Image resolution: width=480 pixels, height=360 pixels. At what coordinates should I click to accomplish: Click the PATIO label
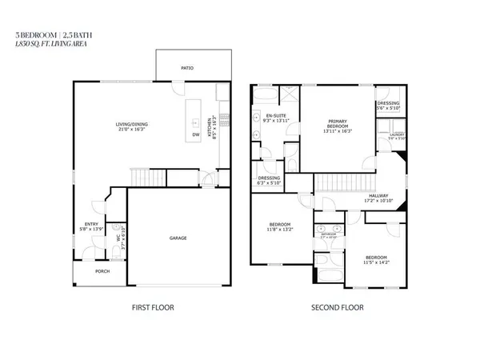(188, 69)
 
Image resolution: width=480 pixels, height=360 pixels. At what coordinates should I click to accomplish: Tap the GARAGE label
(178, 238)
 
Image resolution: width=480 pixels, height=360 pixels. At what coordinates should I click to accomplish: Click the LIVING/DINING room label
(135, 126)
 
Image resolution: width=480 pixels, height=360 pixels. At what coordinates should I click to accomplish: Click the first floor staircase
(142, 176)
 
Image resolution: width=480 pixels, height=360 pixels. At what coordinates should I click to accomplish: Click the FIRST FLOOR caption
(152, 307)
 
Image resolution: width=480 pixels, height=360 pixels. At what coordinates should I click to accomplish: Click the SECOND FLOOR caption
(336, 307)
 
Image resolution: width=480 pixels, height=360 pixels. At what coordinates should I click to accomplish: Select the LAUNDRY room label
(397, 136)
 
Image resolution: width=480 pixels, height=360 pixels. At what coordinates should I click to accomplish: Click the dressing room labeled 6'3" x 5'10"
(268, 180)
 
